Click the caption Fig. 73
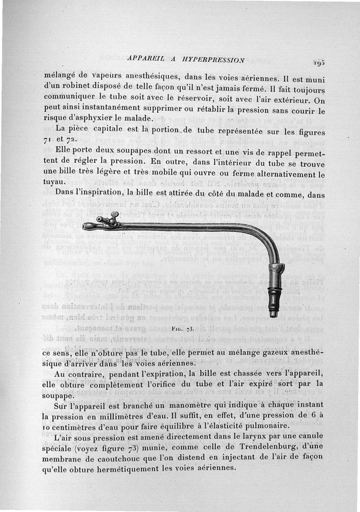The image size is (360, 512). [183, 327]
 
